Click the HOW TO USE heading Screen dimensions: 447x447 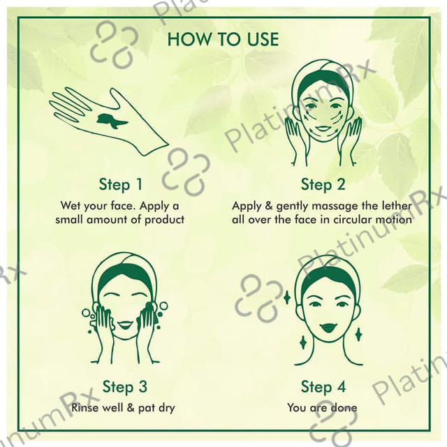(223, 39)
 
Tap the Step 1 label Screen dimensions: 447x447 (121, 184)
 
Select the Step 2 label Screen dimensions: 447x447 (323, 184)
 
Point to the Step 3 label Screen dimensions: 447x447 (124, 386)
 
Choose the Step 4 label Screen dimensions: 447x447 (323, 386)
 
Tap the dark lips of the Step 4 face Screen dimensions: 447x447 (328, 328)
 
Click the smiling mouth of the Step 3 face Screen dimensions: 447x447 (124, 325)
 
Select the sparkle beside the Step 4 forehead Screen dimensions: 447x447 (287, 297)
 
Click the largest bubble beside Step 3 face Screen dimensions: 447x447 (163, 306)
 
